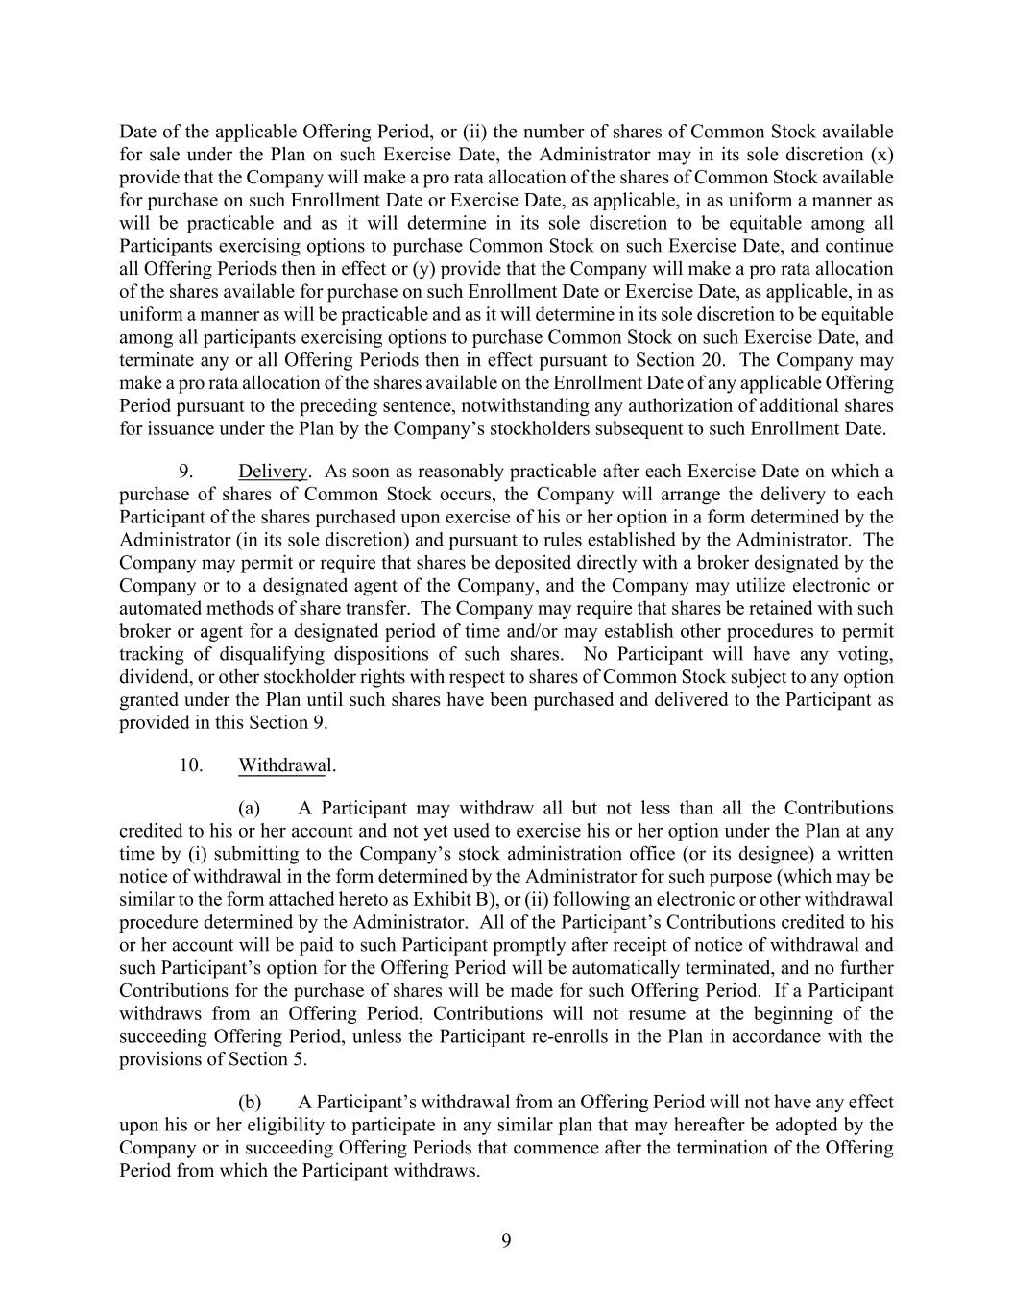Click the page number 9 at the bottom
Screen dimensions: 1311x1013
[506, 1241]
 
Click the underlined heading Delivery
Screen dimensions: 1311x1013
[273, 472]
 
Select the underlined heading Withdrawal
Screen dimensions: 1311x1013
[286, 765]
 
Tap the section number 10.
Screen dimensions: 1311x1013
[190, 765]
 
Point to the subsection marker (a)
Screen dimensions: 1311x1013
[250, 808]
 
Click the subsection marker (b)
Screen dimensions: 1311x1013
[250, 1102]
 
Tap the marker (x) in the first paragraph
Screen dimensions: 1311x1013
[880, 155]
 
